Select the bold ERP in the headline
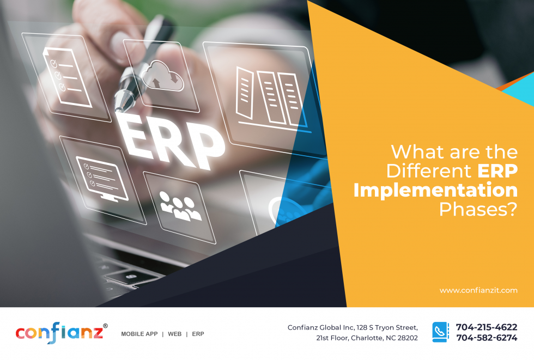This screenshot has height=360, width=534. (x=497, y=170)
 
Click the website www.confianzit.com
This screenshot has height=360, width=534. (x=478, y=290)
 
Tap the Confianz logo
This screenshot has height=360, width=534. (x=59, y=333)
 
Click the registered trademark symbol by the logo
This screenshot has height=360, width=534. (x=105, y=326)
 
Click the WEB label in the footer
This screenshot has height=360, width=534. (x=174, y=334)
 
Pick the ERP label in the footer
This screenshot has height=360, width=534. (x=198, y=334)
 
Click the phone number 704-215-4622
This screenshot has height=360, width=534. (x=486, y=327)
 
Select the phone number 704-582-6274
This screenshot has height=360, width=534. (x=486, y=338)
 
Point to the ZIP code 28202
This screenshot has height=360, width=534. (x=405, y=338)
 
